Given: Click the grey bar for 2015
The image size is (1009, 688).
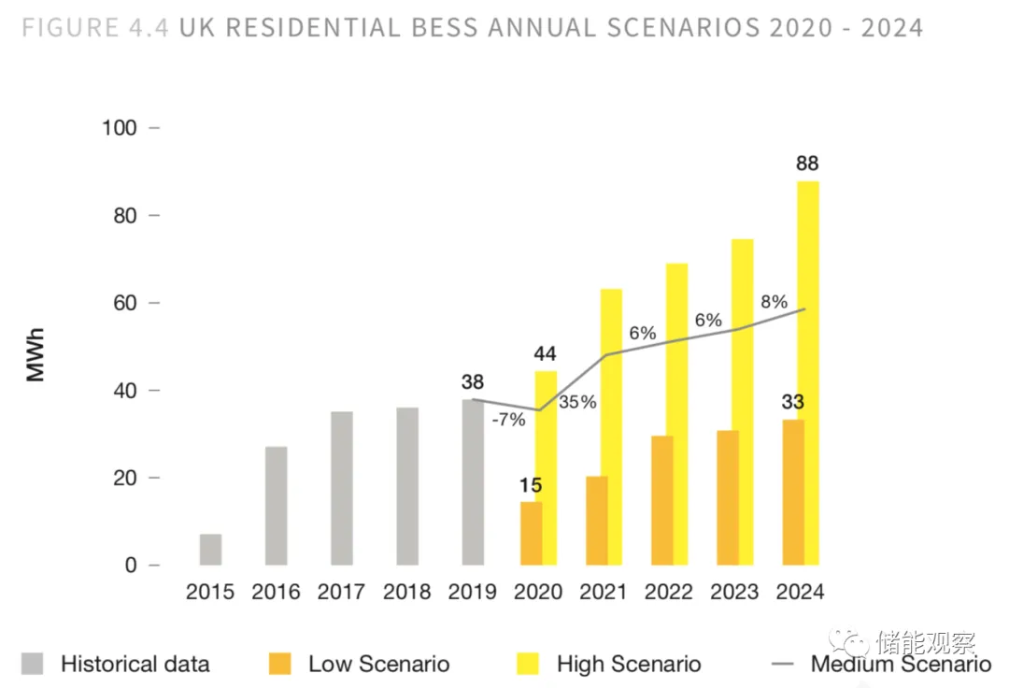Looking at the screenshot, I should [210, 550].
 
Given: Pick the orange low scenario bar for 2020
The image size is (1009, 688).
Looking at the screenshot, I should [531, 534].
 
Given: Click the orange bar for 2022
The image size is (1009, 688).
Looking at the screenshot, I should [661, 500].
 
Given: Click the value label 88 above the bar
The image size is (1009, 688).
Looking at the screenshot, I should [807, 165].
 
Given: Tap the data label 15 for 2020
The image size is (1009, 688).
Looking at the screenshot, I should [531, 485].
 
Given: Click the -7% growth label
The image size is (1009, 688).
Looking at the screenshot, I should [508, 420].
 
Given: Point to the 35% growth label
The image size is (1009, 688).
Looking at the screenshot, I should [577, 403].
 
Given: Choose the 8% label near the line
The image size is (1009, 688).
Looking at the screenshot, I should [775, 302].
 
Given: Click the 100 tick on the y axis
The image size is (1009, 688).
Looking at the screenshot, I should [120, 128].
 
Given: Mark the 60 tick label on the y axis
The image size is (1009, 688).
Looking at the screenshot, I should [125, 303].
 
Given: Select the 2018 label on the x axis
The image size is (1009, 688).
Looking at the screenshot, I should [407, 592].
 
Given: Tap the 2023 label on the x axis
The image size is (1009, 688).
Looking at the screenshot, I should [734, 592].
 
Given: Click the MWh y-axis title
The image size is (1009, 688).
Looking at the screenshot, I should [36, 355].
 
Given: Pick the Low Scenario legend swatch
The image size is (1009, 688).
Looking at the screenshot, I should [279, 664].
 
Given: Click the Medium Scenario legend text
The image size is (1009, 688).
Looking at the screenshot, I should [901, 665].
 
